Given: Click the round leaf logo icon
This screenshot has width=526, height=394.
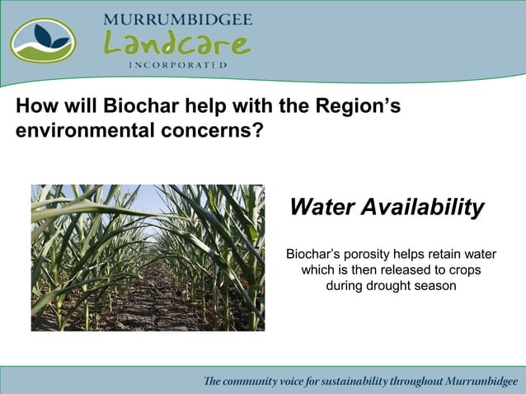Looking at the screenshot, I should coord(43,40).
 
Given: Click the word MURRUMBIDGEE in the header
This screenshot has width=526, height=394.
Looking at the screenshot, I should coord(177,19).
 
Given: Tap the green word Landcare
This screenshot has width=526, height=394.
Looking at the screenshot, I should coord(176,43).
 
